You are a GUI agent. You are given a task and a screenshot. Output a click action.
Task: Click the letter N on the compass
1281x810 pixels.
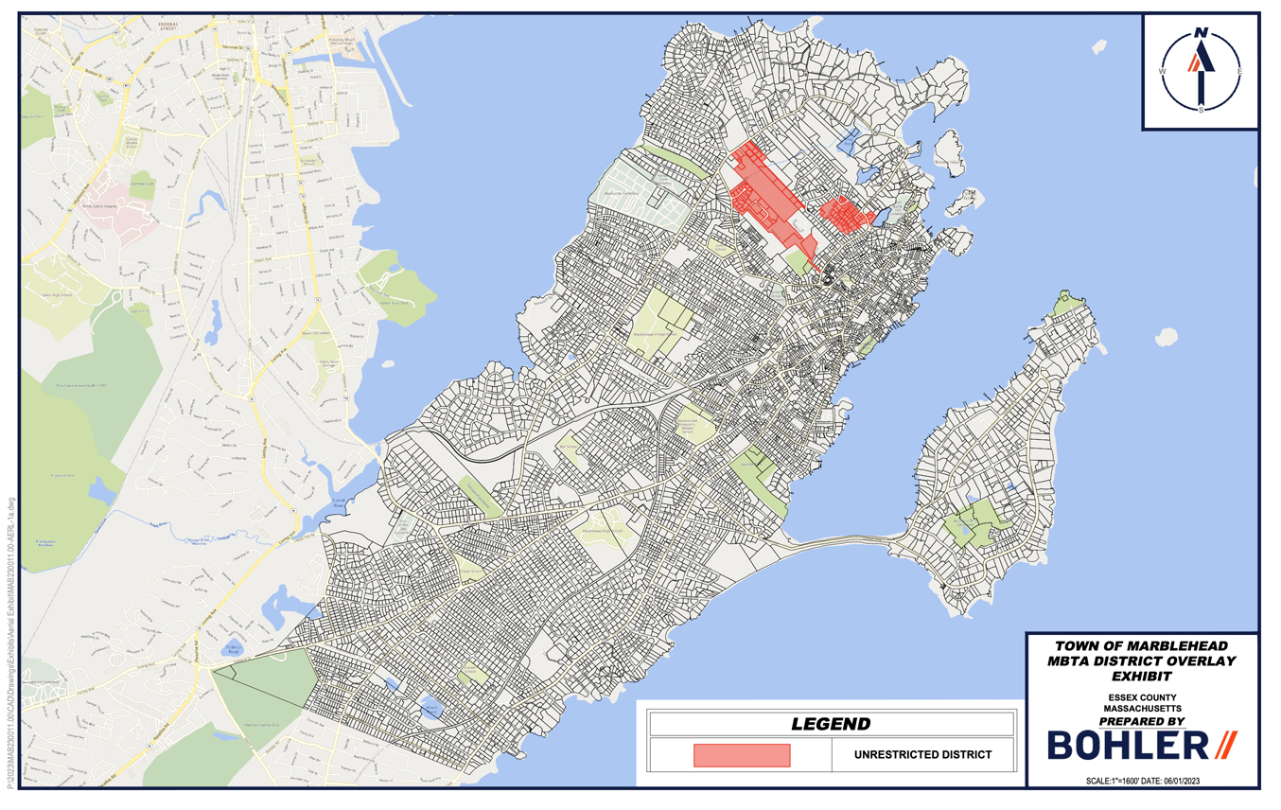pyautogui.click(x=1201, y=32)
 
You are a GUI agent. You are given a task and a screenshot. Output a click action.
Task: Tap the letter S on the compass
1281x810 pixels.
pyautogui.click(x=1202, y=109)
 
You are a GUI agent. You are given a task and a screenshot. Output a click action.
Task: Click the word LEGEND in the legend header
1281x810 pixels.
pyautogui.click(x=830, y=725)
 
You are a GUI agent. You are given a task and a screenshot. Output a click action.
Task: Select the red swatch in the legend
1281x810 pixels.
pyautogui.click(x=741, y=755)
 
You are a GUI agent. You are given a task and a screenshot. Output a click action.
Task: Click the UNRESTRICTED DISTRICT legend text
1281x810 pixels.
pyautogui.click(x=922, y=755)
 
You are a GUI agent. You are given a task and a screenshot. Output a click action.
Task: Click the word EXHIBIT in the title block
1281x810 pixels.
pyautogui.click(x=1142, y=677)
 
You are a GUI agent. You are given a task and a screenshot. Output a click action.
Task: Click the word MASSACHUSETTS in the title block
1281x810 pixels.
pyautogui.click(x=1142, y=707)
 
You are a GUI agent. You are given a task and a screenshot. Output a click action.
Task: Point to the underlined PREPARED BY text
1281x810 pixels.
pyautogui.click(x=1142, y=721)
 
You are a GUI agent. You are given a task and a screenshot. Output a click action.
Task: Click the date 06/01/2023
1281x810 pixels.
pyautogui.click(x=1173, y=781)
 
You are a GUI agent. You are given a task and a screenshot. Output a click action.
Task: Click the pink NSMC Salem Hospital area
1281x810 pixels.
pyautogui.click(x=118, y=214)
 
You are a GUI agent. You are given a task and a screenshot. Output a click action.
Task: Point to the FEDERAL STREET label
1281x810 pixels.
pyautogui.click(x=171, y=26)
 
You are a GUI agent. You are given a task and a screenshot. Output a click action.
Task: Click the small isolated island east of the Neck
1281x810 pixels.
pyautogui.click(x=1166, y=336)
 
